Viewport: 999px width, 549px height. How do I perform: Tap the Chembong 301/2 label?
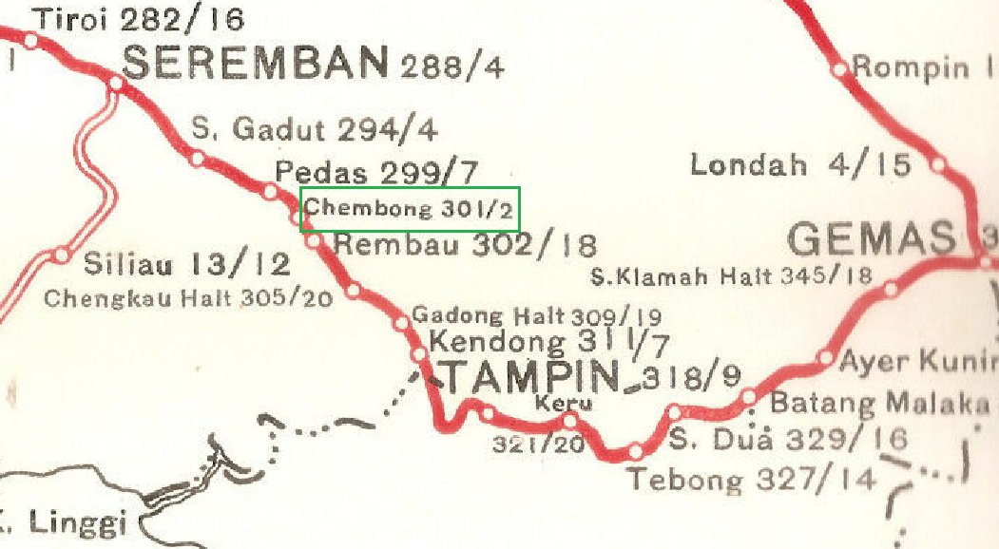click(x=410, y=210)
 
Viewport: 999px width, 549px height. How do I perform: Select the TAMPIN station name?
click(x=532, y=377)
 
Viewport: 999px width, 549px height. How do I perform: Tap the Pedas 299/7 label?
click(x=378, y=173)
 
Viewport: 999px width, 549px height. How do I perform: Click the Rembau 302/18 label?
click(x=466, y=246)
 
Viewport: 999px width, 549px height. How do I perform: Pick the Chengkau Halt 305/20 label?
click(x=189, y=298)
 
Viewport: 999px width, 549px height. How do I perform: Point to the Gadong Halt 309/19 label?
click(x=536, y=315)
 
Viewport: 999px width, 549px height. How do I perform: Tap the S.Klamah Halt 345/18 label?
click(x=731, y=277)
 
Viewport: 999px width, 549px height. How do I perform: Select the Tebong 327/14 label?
click(x=751, y=479)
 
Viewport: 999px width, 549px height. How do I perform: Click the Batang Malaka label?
click(x=878, y=402)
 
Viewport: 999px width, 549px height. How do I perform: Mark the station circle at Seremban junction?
click(x=117, y=84)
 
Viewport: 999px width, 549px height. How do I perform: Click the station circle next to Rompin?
click(x=839, y=69)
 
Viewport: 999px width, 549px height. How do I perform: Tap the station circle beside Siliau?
click(x=62, y=255)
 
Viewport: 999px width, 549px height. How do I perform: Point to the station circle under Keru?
click(x=570, y=420)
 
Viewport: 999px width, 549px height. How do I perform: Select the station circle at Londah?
click(x=938, y=164)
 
